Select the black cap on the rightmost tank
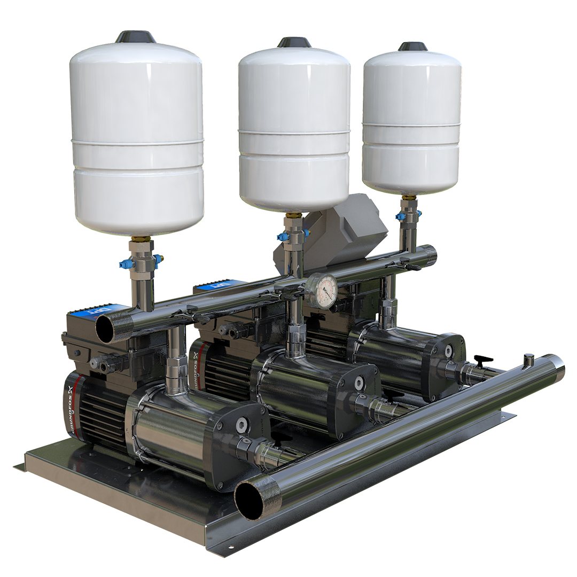tap(412, 46)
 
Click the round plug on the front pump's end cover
tap(242, 425)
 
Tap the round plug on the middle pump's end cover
tap(359, 383)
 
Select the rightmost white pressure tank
tap(411, 120)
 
